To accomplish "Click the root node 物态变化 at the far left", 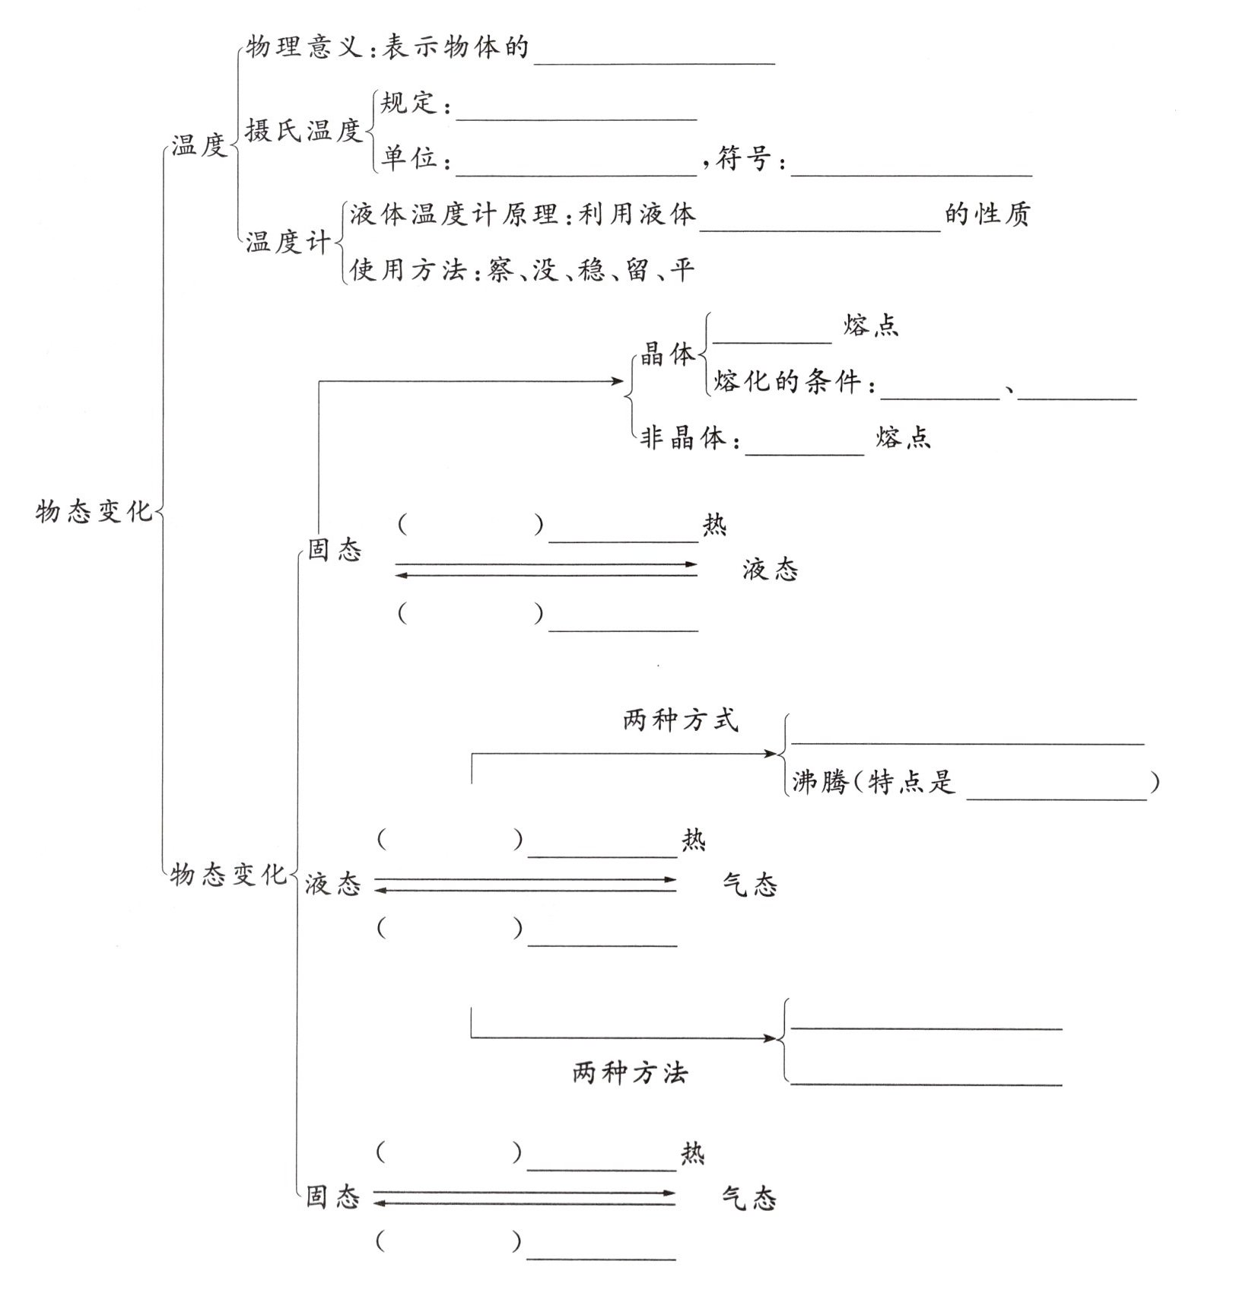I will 94,511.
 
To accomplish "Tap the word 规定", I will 410,103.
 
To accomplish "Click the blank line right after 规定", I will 577,118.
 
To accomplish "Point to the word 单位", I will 410,158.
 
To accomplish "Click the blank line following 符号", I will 911,173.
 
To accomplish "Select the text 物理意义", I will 304,48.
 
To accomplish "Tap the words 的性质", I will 987,214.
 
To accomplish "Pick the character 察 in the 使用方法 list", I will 500,270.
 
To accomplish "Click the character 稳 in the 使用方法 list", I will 591,270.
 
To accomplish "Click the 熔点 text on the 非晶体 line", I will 903,438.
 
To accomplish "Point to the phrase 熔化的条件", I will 787,381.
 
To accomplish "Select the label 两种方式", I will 680,720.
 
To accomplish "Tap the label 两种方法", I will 630,1073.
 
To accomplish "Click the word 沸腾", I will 819,782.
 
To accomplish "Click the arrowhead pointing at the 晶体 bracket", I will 618,381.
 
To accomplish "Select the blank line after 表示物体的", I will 654,62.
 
